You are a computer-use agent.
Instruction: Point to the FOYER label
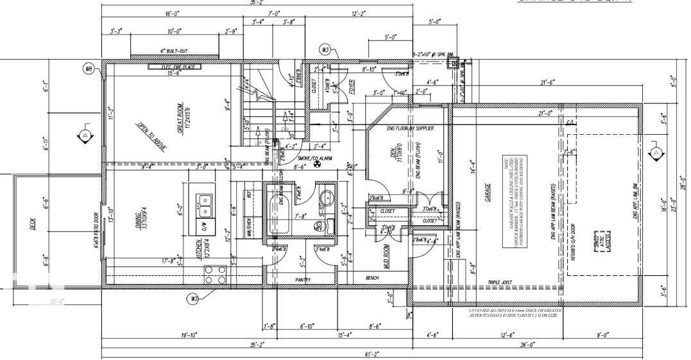(x=352, y=88)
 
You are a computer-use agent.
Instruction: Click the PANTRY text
(x=303, y=280)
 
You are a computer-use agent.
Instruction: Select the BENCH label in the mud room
(x=371, y=278)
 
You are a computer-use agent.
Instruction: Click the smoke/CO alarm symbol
(x=316, y=165)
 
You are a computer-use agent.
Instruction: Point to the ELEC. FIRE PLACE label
(x=175, y=66)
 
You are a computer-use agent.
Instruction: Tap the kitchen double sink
(x=205, y=205)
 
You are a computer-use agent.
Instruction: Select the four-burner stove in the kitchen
(x=214, y=274)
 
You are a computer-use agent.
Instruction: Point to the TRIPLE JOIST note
(x=502, y=282)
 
